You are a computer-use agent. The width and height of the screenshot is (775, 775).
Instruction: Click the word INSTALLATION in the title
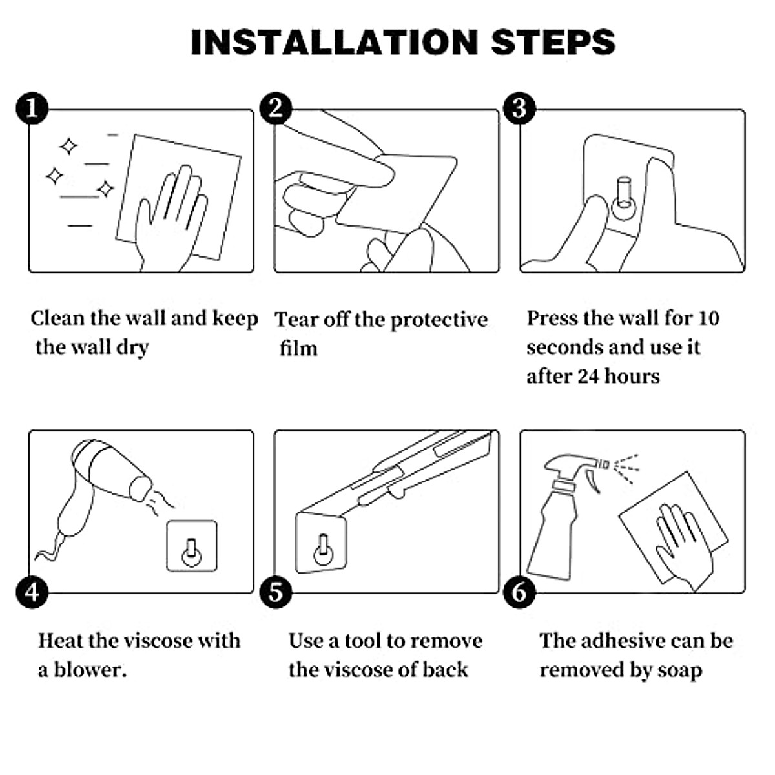(334, 42)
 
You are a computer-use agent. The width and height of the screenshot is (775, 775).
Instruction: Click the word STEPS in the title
(553, 42)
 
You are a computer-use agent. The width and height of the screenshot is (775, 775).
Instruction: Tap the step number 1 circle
(32, 108)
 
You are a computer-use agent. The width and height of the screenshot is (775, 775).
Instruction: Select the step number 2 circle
(276, 108)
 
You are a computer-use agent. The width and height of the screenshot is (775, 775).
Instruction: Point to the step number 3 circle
(520, 108)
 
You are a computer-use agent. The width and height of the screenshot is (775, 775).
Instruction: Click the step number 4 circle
(32, 592)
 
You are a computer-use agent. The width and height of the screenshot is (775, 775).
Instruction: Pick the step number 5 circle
(276, 592)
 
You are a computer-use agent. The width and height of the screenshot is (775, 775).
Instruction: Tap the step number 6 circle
(520, 592)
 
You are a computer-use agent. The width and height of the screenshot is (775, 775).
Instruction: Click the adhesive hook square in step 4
(192, 546)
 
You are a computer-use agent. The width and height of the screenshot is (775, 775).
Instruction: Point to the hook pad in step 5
(321, 543)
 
